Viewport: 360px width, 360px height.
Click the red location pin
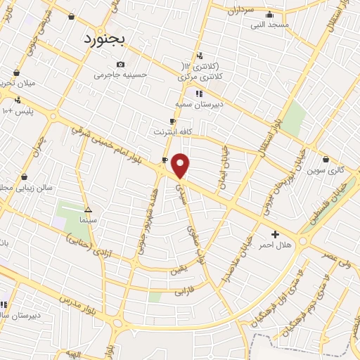click(181, 165)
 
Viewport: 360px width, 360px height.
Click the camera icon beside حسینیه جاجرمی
click(120, 64)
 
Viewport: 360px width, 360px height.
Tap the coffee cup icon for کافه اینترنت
click(165, 121)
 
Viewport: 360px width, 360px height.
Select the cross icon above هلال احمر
click(274, 233)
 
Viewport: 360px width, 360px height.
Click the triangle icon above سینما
click(88, 210)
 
